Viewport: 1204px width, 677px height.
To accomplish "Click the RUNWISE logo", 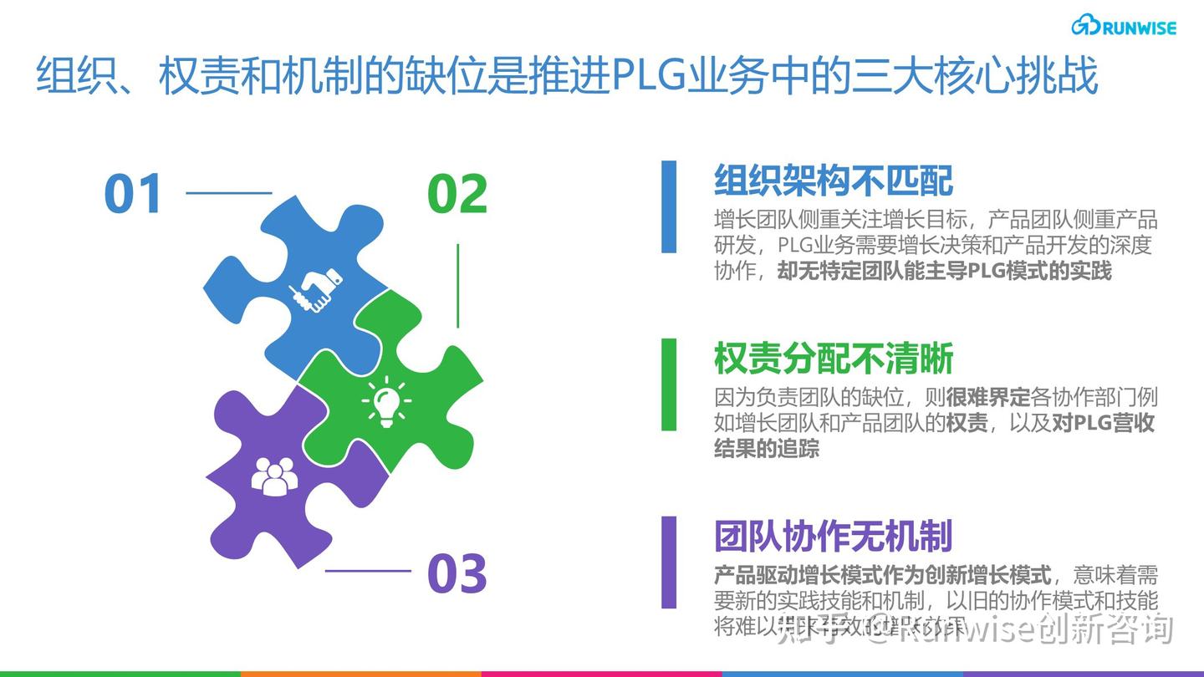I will [x=1124, y=26].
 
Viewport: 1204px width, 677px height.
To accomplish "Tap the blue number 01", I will [x=132, y=194].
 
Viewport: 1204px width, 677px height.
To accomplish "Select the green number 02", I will [x=457, y=194].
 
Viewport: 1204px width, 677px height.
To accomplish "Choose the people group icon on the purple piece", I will [x=274, y=476].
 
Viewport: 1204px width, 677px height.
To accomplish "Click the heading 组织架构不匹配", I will [x=834, y=181].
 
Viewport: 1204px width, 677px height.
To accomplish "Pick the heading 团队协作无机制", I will [x=834, y=537].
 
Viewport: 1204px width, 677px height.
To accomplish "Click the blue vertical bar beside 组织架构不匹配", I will [x=669, y=206].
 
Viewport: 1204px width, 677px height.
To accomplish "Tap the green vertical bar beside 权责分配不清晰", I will [x=669, y=384].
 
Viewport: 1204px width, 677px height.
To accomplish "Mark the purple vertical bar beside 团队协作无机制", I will [x=669, y=562].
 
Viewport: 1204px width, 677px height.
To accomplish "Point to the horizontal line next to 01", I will [x=228, y=193].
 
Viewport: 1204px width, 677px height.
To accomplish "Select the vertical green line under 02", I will [x=457, y=285].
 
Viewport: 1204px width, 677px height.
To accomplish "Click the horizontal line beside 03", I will [x=368, y=571].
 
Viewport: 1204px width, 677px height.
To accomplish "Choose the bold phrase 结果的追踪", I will [x=767, y=448].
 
